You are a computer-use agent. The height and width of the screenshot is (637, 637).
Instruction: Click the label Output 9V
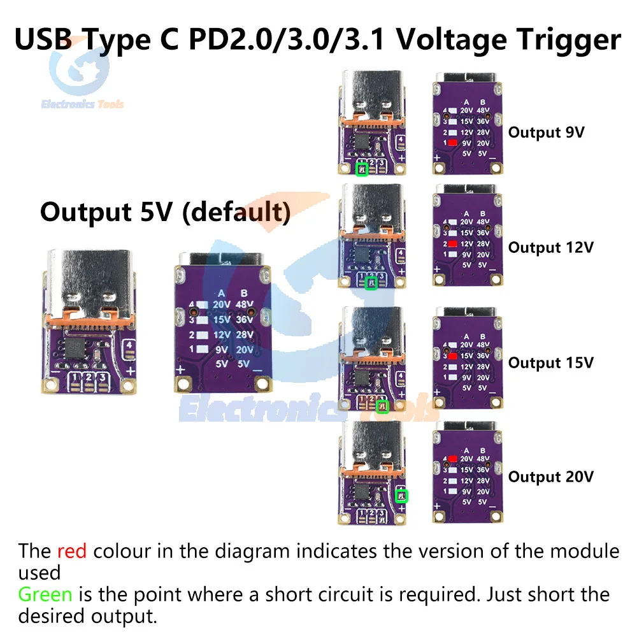tap(546, 132)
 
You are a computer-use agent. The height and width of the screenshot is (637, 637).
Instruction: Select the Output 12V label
tap(550, 247)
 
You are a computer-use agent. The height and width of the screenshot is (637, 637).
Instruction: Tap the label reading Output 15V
tap(550, 362)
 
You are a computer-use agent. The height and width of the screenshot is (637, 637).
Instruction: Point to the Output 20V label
tap(550, 476)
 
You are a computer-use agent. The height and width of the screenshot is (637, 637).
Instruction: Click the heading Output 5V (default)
tap(165, 211)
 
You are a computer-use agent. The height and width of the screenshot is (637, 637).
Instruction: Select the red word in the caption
tap(71, 550)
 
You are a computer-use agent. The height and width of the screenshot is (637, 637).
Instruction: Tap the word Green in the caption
tap(45, 595)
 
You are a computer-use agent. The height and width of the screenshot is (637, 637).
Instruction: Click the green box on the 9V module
tap(362, 169)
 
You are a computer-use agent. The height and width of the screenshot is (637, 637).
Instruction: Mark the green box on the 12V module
tap(371, 283)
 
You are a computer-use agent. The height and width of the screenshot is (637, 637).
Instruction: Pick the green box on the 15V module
tap(382, 405)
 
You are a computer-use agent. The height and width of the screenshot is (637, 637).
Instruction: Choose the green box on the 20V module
tap(402, 496)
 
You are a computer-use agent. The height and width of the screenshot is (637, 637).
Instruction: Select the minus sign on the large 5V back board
tap(257, 369)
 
